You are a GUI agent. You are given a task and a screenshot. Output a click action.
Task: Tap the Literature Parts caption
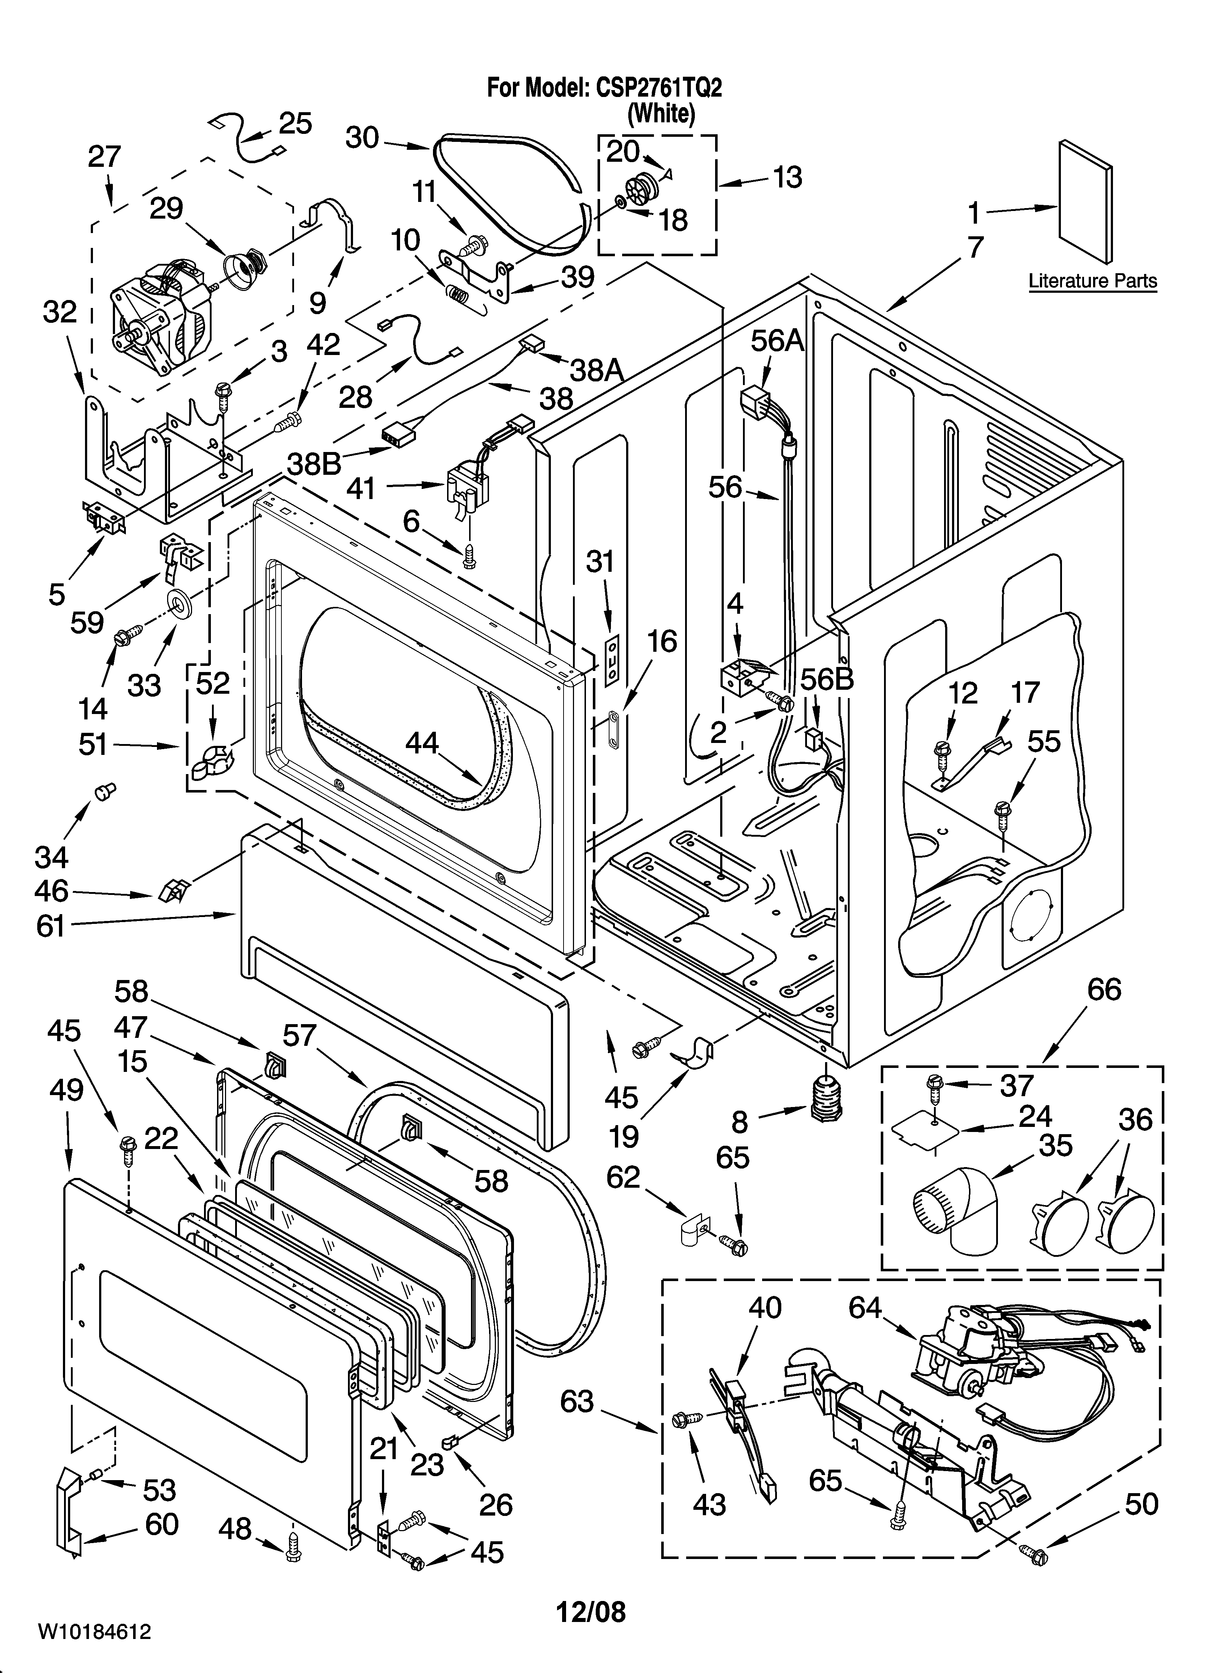(x=1092, y=281)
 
